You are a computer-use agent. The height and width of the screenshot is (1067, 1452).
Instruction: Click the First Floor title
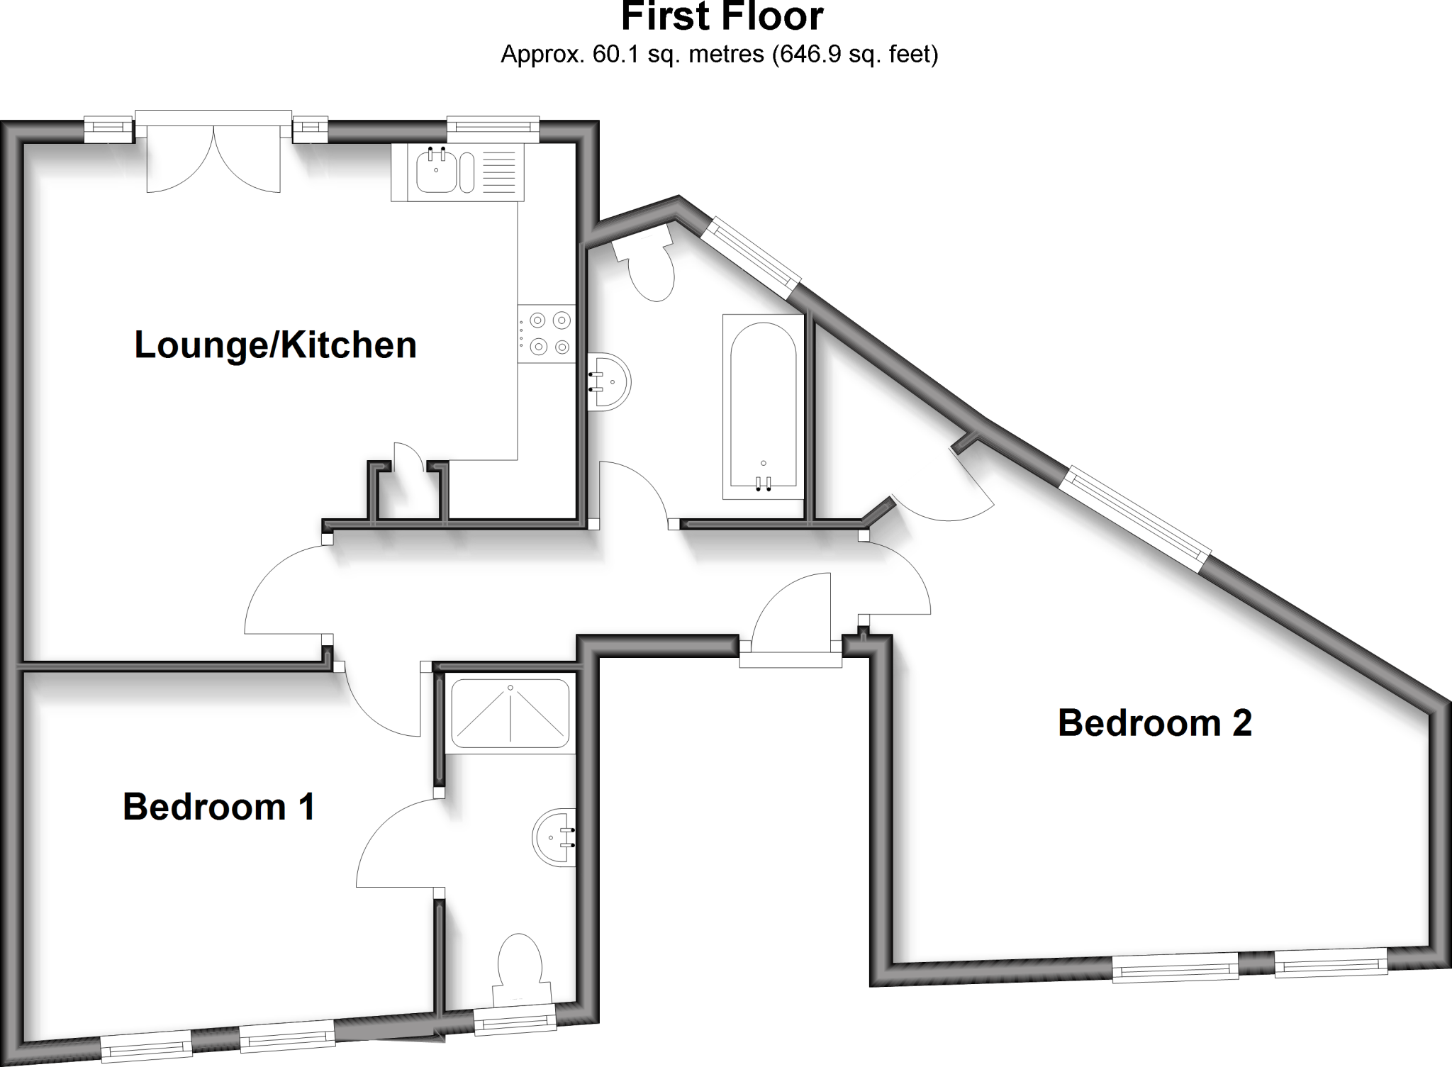pyautogui.click(x=722, y=16)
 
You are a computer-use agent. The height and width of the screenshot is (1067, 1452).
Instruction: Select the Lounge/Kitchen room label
pyautogui.click(x=275, y=345)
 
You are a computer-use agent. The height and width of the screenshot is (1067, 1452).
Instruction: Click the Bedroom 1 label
pyautogui.click(x=218, y=807)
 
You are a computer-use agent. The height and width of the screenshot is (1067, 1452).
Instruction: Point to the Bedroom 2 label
pyautogui.click(x=1155, y=723)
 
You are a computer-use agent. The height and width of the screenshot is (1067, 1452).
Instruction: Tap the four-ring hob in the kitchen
pyautogui.click(x=546, y=334)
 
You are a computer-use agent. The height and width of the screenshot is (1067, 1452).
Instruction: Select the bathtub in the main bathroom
pyautogui.click(x=764, y=407)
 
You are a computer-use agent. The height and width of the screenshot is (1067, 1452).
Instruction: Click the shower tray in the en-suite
pyautogui.click(x=510, y=714)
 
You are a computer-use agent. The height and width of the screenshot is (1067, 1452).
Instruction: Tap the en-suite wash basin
pyautogui.click(x=554, y=837)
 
